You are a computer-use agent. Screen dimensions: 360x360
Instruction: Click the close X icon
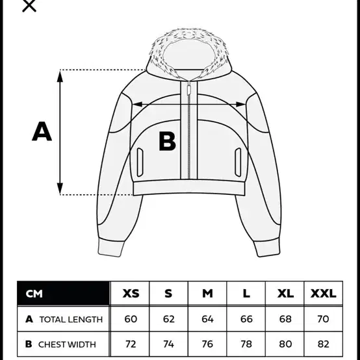[x=29, y=5]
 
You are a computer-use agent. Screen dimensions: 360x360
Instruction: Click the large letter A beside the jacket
[x=42, y=131]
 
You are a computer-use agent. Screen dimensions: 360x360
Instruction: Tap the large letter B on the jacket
[x=168, y=141]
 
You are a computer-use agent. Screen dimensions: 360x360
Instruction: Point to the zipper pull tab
[x=189, y=89]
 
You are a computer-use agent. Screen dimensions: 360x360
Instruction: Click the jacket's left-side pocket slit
[x=140, y=162]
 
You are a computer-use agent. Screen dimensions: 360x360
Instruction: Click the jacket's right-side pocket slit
[x=238, y=162]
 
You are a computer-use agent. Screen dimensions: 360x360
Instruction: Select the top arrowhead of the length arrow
[x=60, y=77]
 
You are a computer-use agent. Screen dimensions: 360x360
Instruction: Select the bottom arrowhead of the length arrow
[x=60, y=188]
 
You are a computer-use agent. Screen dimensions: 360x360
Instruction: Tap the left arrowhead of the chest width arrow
[x=138, y=105]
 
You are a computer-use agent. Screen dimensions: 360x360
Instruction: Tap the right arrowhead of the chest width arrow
[x=240, y=105]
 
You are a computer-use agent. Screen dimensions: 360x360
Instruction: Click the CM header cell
[x=64, y=294]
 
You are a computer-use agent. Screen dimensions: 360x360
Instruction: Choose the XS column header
[x=131, y=294]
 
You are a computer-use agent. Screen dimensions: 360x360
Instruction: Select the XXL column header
[x=323, y=294]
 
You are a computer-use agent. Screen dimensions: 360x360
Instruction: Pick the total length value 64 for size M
[x=207, y=319]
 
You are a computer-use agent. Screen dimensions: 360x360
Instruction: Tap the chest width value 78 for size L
[x=246, y=344]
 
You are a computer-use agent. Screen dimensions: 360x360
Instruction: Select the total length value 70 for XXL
[x=323, y=319]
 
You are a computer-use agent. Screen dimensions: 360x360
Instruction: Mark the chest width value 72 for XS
[x=131, y=344]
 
